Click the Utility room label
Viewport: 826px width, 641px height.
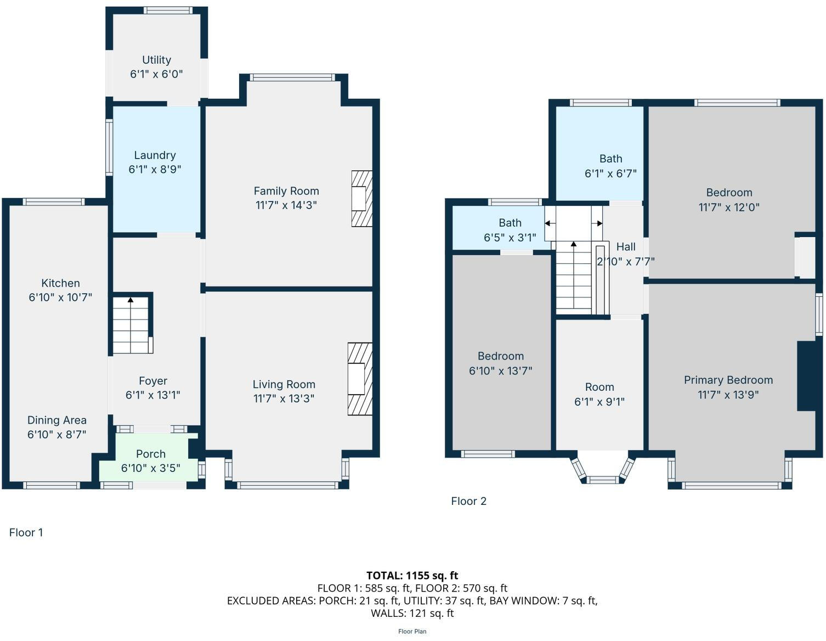(x=156, y=60)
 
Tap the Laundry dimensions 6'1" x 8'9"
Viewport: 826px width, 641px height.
(x=155, y=170)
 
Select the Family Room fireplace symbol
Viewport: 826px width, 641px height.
(x=361, y=199)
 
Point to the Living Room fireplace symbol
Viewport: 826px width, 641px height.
(x=359, y=379)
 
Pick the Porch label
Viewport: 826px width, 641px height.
(x=150, y=454)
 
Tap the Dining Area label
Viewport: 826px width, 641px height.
(x=57, y=420)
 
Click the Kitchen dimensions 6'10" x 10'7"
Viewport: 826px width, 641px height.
(x=60, y=297)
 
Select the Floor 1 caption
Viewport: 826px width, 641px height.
(x=26, y=532)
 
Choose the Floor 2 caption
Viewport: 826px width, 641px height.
(x=468, y=501)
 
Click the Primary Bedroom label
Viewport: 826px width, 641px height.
(x=728, y=380)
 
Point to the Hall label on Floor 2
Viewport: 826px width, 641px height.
(x=626, y=247)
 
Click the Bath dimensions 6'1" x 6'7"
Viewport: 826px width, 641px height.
(x=610, y=174)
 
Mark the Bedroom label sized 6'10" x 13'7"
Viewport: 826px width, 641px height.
(x=500, y=356)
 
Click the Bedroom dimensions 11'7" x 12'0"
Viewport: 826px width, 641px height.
(x=729, y=207)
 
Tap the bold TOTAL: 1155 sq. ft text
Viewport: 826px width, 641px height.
(x=412, y=575)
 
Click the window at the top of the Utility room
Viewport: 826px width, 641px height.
(x=168, y=10)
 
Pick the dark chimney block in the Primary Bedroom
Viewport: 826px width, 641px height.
(x=806, y=376)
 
